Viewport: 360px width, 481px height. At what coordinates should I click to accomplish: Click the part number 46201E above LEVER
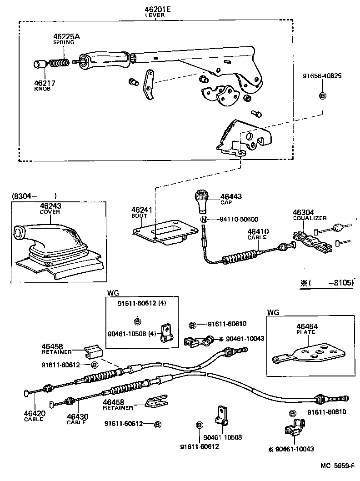pyautogui.click(x=155, y=9)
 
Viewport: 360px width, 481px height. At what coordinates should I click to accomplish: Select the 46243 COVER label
pyautogui.click(x=50, y=208)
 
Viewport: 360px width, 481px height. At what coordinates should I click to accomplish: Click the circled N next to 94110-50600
pyautogui.click(x=204, y=219)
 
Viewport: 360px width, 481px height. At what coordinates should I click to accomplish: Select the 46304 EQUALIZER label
pyautogui.click(x=309, y=215)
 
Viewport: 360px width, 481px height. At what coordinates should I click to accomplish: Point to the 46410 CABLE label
pyautogui.click(x=258, y=234)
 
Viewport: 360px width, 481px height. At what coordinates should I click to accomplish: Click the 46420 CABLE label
pyautogui.click(x=34, y=416)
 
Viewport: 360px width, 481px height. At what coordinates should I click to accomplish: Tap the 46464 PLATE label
pyautogui.click(x=307, y=329)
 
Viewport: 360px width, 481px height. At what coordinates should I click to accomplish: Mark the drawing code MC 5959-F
pyautogui.click(x=337, y=466)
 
